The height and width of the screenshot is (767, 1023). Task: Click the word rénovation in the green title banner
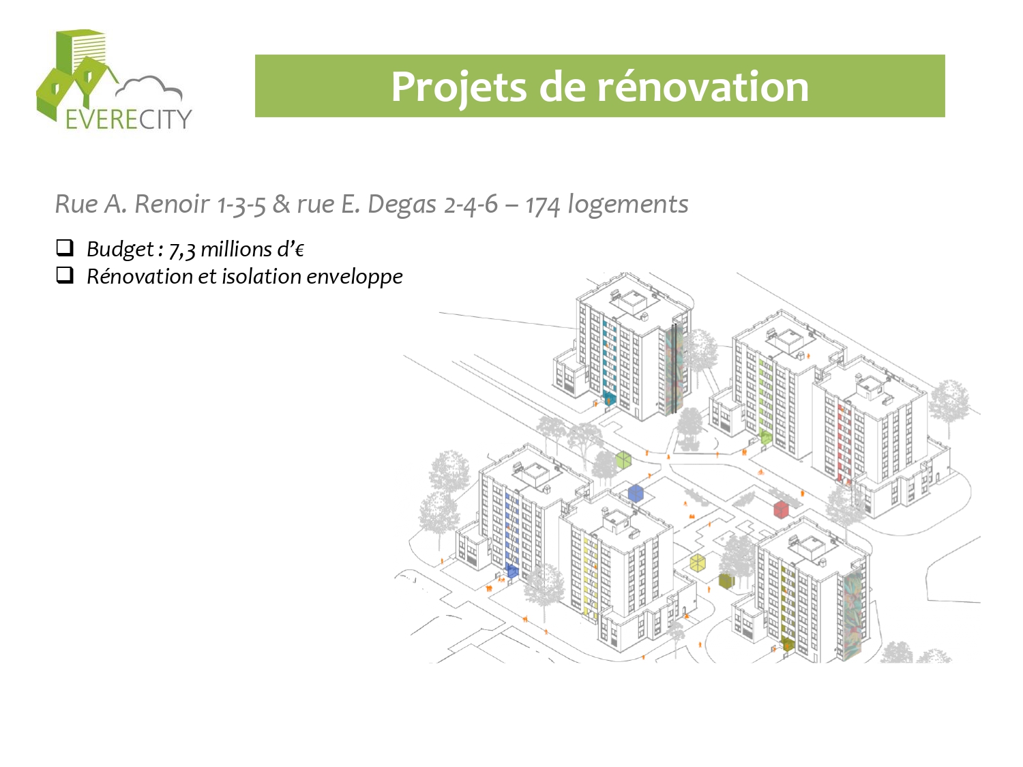click(703, 87)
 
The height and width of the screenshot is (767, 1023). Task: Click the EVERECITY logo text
click(129, 119)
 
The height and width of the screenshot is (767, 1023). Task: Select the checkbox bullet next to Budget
click(65, 247)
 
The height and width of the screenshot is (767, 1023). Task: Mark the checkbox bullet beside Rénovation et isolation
click(65, 275)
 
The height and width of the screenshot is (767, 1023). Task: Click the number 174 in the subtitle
click(542, 205)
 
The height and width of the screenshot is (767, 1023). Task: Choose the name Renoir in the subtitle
click(172, 204)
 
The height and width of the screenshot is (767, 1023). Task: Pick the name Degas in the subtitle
click(402, 205)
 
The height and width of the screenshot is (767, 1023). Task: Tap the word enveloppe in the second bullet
click(354, 277)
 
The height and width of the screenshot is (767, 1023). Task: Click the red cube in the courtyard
click(781, 509)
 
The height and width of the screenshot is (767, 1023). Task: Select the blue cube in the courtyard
click(636, 493)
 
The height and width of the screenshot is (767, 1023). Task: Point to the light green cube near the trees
click(623, 460)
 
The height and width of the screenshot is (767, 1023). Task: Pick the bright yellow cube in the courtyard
click(698, 562)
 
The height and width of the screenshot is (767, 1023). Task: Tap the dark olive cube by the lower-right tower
click(726, 581)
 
